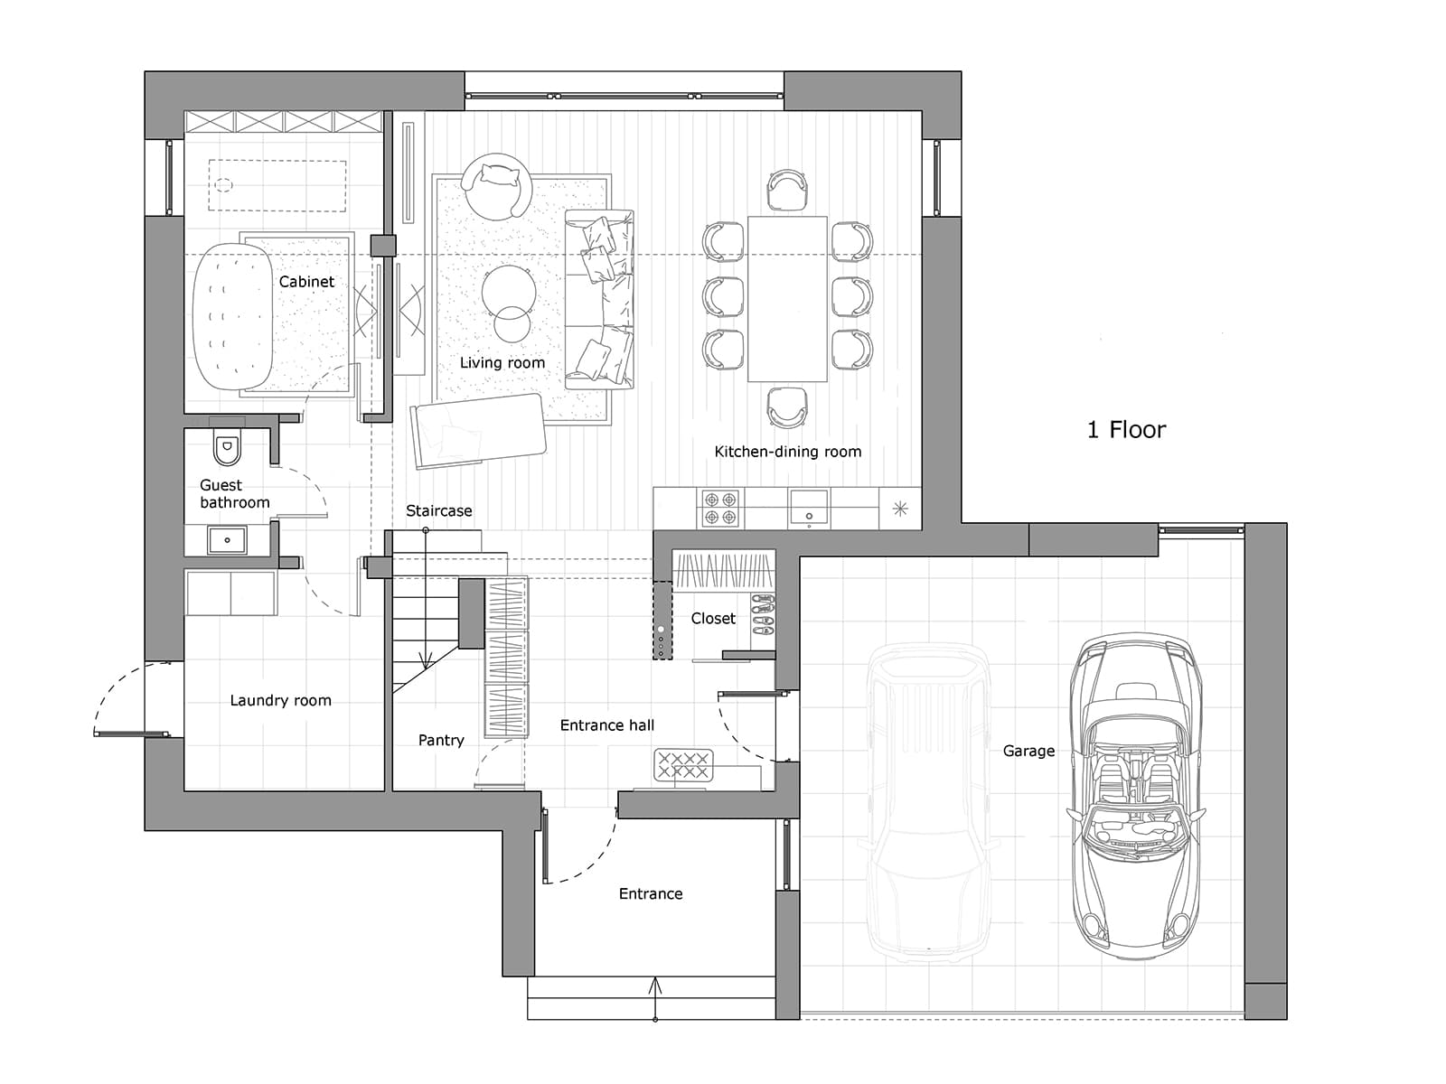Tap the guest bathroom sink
click(227, 540)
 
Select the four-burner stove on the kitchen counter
click(719, 508)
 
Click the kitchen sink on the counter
click(809, 509)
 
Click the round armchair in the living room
click(496, 186)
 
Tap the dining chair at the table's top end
click(787, 191)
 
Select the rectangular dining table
click(787, 299)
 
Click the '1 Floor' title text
click(1126, 430)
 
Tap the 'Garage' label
click(1028, 751)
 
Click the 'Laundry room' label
click(281, 700)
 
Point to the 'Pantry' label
click(441, 741)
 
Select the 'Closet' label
click(713, 618)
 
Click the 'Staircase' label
click(438, 510)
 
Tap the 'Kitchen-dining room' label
click(788, 452)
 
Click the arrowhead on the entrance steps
click(655, 986)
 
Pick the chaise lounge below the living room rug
click(478, 431)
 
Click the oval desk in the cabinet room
click(232, 316)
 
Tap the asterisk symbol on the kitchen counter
click(900, 509)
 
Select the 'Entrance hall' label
click(606, 725)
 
